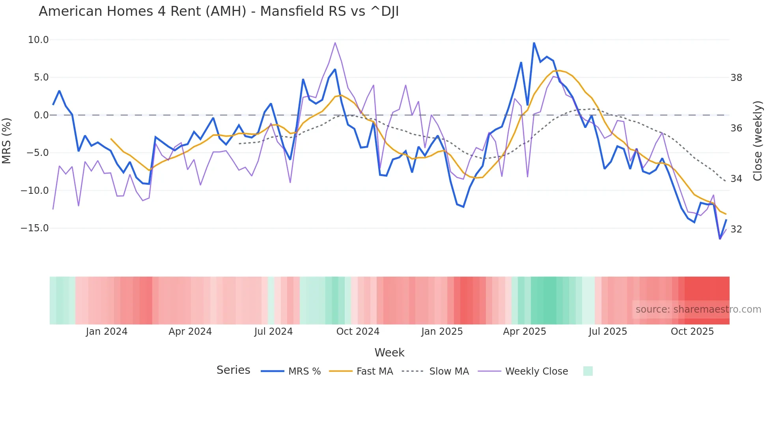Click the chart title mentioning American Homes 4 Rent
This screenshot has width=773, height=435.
[x=218, y=11]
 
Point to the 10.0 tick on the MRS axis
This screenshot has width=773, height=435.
[x=38, y=40]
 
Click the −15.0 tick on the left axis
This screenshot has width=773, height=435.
[x=35, y=228]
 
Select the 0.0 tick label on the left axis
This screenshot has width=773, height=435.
[x=41, y=115]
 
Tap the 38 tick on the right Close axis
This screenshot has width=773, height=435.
[x=736, y=78]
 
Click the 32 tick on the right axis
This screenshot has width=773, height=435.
[x=736, y=229]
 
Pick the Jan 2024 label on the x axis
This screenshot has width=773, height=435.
[x=106, y=332]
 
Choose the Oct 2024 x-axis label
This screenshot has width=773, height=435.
[x=358, y=332]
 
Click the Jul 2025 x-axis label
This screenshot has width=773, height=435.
[x=608, y=332]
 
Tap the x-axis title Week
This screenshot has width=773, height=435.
[x=389, y=352]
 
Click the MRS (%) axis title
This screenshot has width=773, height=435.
[x=7, y=141]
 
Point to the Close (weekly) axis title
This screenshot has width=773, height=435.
[x=757, y=141]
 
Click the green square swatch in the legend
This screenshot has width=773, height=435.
[x=588, y=371]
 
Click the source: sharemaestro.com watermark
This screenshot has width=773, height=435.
[x=698, y=309]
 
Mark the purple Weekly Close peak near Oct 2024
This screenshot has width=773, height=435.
[x=335, y=43]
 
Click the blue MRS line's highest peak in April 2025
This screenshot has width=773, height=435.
[x=534, y=43]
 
